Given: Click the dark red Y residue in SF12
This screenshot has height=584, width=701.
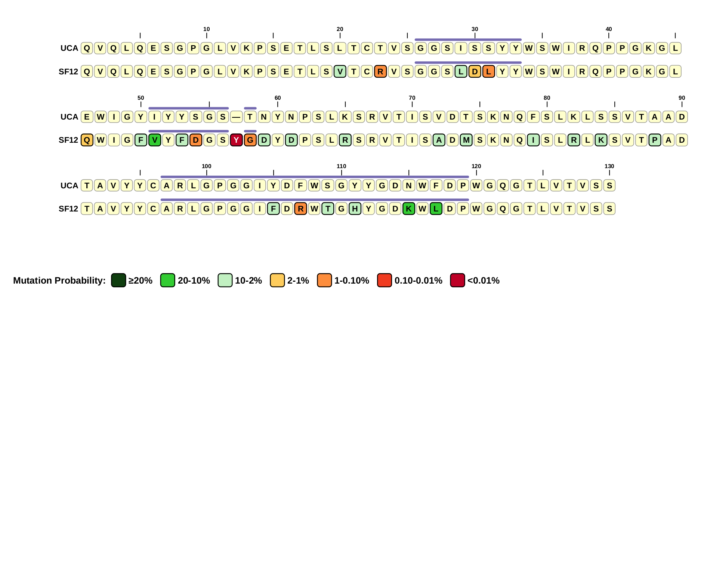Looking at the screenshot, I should coord(236,140).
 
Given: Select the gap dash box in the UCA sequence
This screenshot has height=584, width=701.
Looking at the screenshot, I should coord(236,117).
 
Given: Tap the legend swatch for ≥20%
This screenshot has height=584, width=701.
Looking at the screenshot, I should coord(118,280).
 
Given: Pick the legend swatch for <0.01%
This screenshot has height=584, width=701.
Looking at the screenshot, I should coord(457,280).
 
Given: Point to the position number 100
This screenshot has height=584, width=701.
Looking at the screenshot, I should coord(206,166).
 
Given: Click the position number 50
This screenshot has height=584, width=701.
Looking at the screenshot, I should coord(140,98).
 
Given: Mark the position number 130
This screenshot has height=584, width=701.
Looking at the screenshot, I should coord(609,166).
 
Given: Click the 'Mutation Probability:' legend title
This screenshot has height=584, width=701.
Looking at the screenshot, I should coord(59,281).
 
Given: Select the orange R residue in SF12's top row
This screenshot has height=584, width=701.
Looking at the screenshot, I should coord(380,71).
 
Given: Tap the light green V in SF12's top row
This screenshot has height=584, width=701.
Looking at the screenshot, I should coord(340,71).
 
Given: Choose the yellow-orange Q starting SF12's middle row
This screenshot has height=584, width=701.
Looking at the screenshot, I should coord(87,140).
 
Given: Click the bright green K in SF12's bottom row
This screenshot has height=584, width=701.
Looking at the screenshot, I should coord(409,208).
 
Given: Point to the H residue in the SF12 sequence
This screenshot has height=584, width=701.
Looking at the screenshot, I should coord(355,208).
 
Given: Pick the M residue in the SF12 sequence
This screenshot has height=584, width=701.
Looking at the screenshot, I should coord(466,140).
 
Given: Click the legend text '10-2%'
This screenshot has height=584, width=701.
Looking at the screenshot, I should coord(248,281).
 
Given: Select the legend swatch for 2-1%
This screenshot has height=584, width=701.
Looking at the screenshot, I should coord(277,280).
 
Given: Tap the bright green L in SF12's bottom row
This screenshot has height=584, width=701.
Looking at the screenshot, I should coord(436,208).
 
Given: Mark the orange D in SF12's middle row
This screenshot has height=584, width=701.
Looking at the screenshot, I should coord(195,140).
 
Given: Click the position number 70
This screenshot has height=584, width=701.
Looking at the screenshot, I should coord(412,98).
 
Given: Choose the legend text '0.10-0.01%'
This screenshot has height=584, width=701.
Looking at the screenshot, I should coord(418,281).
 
